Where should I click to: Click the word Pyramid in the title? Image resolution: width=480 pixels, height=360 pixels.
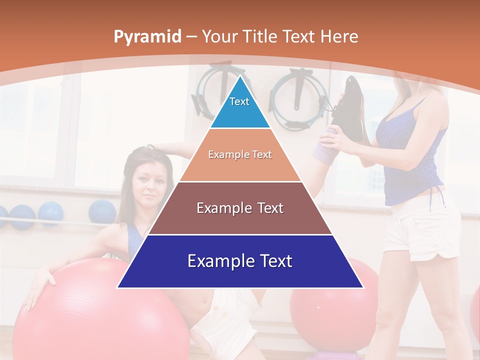147,37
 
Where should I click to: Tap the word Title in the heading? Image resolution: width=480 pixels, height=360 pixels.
261,36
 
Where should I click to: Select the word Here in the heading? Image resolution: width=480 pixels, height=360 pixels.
339,36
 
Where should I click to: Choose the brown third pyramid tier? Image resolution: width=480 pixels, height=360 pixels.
240,208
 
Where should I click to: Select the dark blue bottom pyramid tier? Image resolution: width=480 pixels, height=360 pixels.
240,261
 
